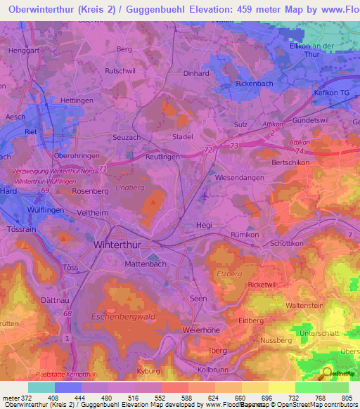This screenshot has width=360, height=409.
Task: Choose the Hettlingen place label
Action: point(77,100)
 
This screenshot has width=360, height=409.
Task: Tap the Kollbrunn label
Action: point(214,369)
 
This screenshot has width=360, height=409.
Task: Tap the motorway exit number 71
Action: point(103,169)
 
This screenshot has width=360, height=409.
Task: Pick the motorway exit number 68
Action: point(67,313)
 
